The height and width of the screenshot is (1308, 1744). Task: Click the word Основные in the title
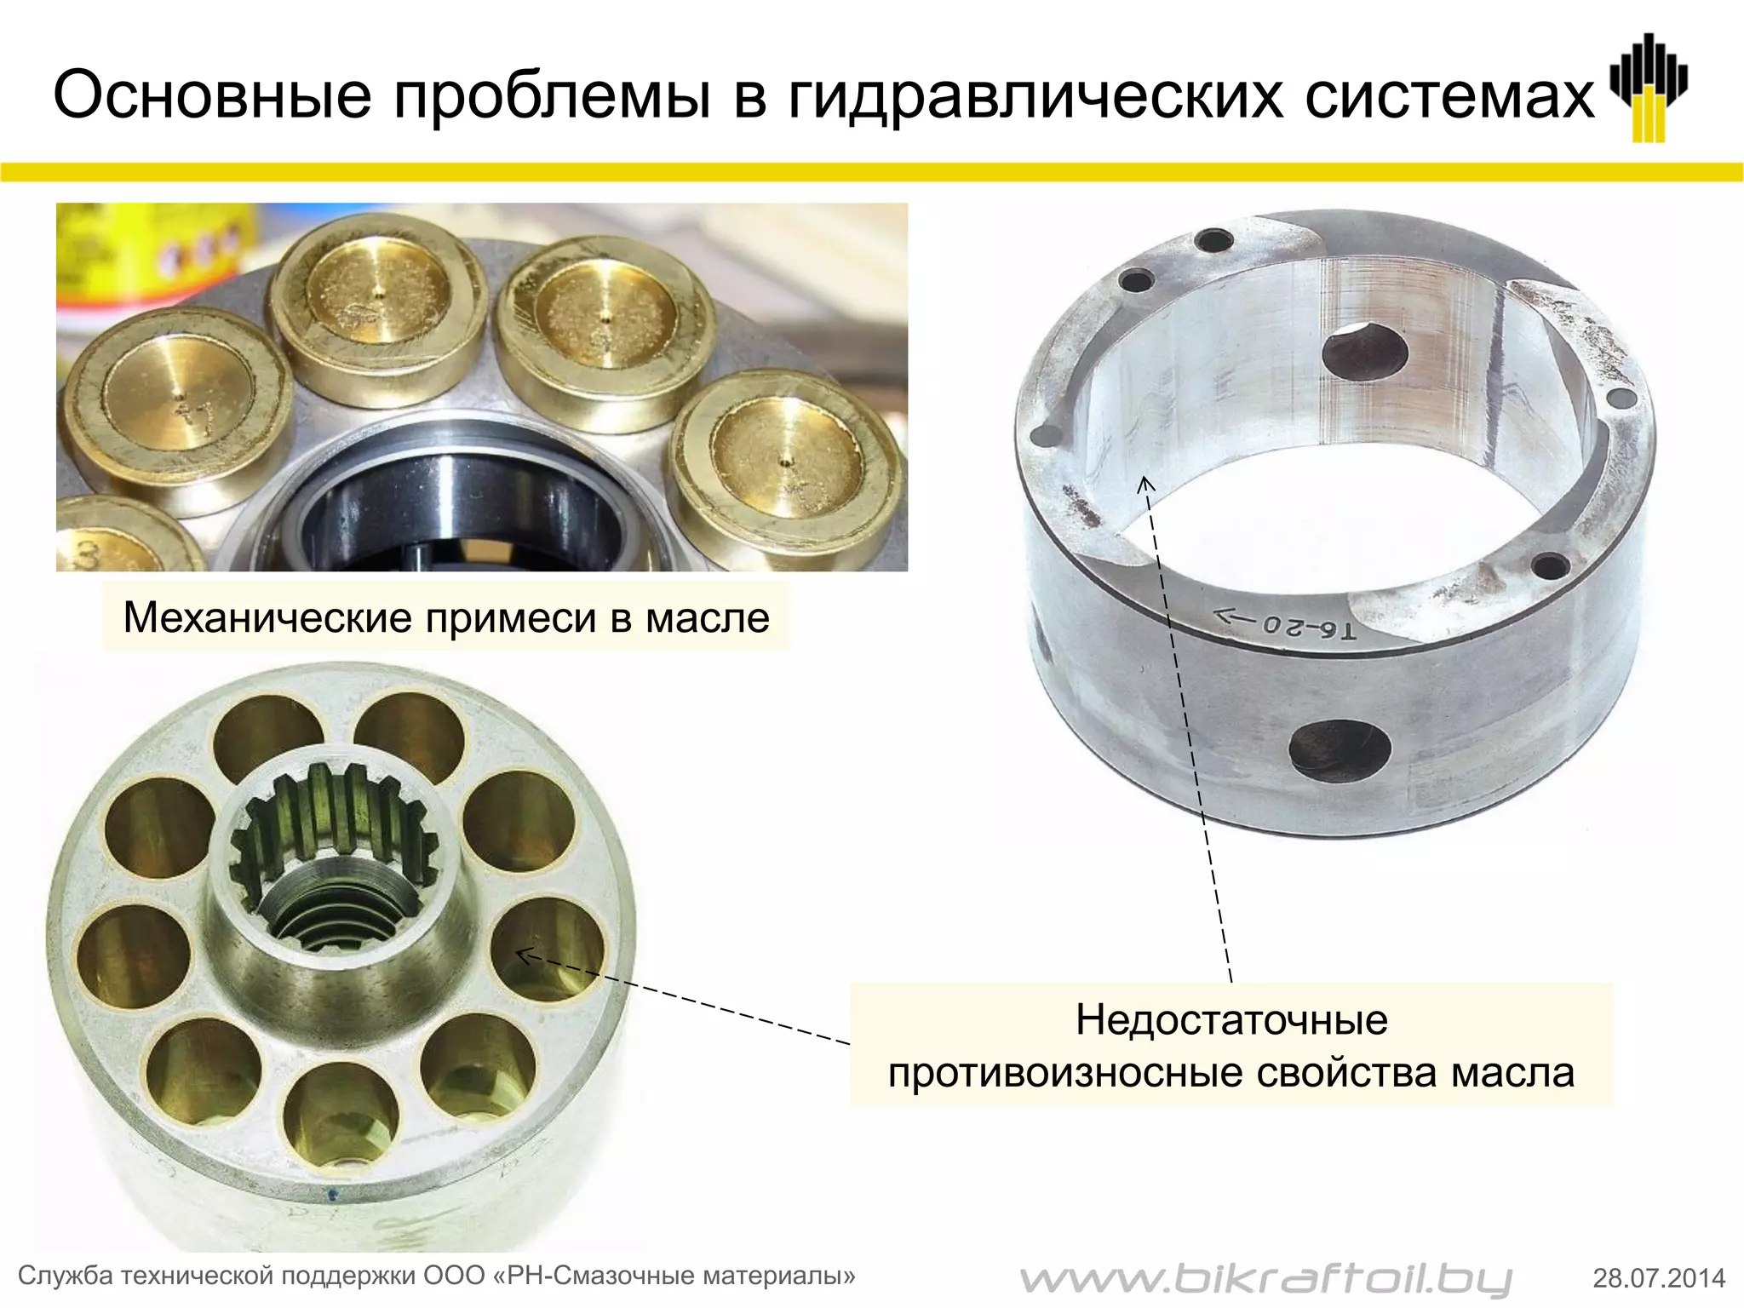pyautogui.click(x=212, y=95)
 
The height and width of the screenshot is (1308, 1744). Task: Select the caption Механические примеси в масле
pyautogui.click(x=446, y=617)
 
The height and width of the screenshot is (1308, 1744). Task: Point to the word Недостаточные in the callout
pyautogui.click(x=1231, y=1019)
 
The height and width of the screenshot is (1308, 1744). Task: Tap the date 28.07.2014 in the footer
pyautogui.click(x=1659, y=1278)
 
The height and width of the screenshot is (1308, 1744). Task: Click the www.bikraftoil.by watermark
pyautogui.click(x=1265, y=1278)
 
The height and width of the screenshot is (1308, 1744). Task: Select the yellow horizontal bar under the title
pyautogui.click(x=872, y=172)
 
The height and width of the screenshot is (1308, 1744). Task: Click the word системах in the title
pyautogui.click(x=1450, y=96)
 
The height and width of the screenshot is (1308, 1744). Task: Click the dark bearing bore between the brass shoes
pyautogui.click(x=460, y=502)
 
